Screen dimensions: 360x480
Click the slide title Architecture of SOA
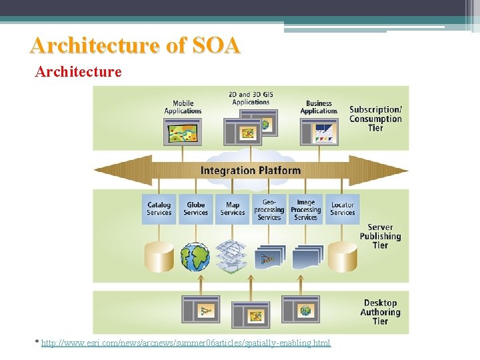tap(135, 45)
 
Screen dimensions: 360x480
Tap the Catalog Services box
tap(159, 209)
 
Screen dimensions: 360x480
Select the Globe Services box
tap(196, 209)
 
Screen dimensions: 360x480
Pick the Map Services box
tap(233, 209)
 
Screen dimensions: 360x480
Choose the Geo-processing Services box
tap(269, 209)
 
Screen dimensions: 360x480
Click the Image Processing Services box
tap(306, 209)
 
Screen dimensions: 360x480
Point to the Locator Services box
tap(343, 209)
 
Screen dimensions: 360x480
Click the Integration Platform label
tap(251, 171)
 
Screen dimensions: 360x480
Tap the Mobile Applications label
tap(183, 107)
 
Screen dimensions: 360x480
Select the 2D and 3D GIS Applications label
tap(251, 98)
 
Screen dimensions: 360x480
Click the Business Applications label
tap(319, 107)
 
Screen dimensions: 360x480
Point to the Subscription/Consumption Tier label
tap(375, 119)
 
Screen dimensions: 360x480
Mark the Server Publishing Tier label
tap(380, 236)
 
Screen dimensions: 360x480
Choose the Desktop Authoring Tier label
tap(380, 312)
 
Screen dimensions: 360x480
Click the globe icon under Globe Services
tap(195, 257)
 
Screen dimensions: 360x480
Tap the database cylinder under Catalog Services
tap(159, 257)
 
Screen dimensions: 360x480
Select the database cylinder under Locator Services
tap(343, 257)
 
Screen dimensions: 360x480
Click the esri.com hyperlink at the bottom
tap(185, 343)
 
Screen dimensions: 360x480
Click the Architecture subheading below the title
tap(78, 71)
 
